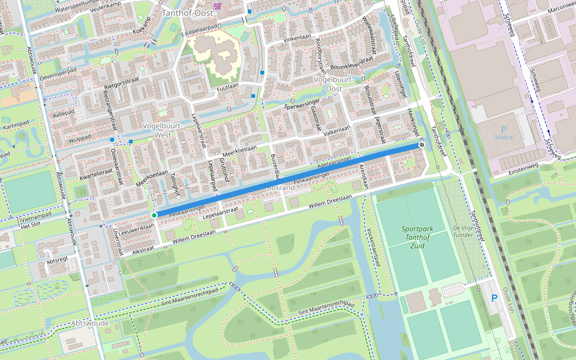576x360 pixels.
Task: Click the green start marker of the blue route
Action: tap(154, 215)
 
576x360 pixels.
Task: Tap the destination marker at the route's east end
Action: tap(422, 145)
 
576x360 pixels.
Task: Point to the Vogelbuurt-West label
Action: tap(157, 130)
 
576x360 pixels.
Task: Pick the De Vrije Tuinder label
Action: tap(464, 232)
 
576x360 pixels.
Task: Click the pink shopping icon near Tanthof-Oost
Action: tap(217, 5)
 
